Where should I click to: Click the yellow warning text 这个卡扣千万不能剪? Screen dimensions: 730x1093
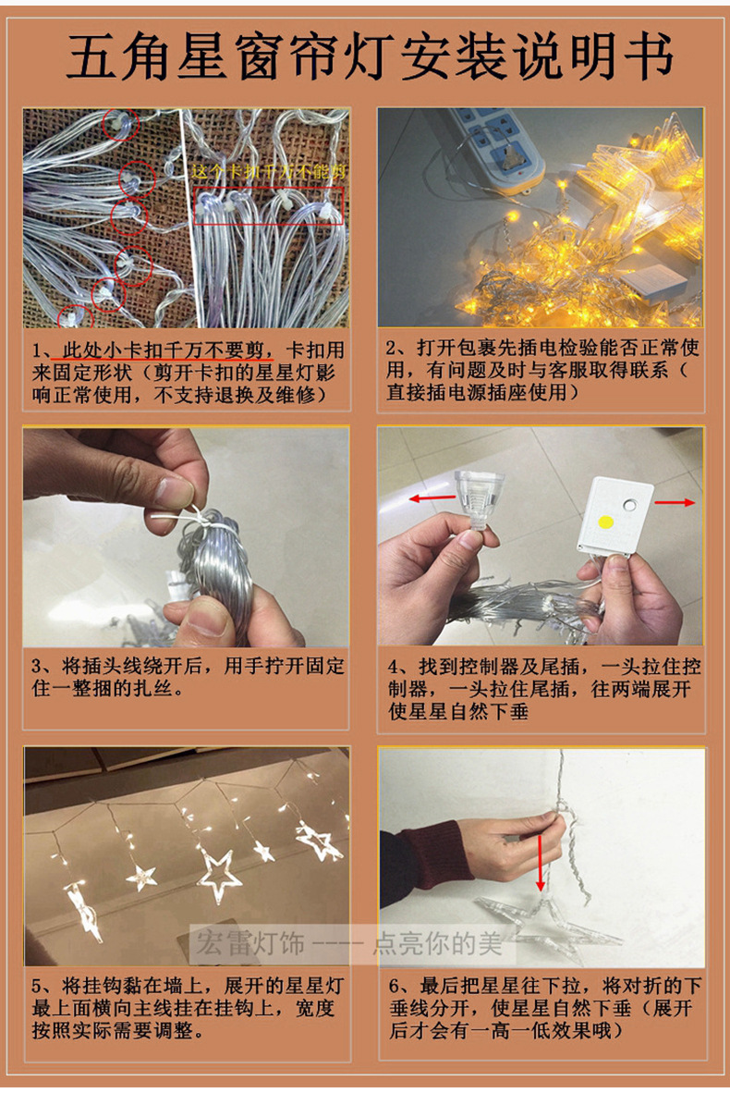269,171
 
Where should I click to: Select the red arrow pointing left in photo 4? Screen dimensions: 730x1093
432,497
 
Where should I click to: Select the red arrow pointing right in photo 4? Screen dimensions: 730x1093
675,503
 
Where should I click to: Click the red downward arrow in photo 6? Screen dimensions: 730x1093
540,863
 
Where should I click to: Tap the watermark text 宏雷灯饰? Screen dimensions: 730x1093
250,943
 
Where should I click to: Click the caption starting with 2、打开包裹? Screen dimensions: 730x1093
541,370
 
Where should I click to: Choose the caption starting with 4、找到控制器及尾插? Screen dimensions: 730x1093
543,688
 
